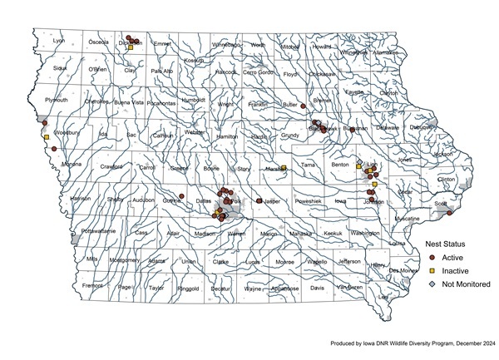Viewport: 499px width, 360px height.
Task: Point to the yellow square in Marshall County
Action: point(284,168)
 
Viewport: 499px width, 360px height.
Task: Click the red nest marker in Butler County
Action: point(304,106)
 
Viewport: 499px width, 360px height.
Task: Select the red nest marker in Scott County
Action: point(449,213)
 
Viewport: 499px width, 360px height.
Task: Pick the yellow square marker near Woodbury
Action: point(46,137)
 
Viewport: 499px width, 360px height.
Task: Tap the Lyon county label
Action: point(58,40)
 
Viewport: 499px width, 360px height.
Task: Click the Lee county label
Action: point(383,296)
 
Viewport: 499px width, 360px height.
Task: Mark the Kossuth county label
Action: point(194,61)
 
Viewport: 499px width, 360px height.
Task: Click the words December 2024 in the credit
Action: point(475,343)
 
